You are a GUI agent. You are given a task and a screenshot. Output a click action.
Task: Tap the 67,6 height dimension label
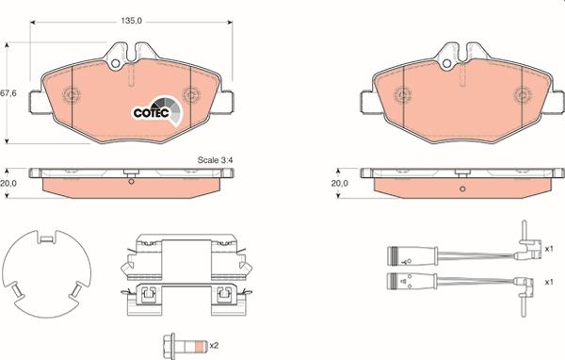(x=9, y=92)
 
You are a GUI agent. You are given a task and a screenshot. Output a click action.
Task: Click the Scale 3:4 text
(x=216, y=160)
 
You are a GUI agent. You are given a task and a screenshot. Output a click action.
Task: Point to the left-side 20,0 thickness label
(x=9, y=185)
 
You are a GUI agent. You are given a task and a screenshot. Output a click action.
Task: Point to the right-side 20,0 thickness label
(x=341, y=185)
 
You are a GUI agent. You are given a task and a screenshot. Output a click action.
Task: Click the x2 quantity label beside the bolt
(x=214, y=345)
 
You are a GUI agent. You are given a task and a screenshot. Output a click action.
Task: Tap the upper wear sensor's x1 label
(x=548, y=250)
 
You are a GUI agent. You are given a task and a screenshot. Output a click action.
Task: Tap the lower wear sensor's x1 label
(x=548, y=281)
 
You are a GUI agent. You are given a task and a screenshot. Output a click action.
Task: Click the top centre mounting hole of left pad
(x=118, y=65)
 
